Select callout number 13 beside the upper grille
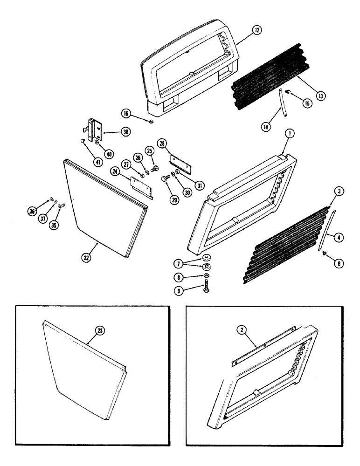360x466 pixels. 320,96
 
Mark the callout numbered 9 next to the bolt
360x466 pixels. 191,293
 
